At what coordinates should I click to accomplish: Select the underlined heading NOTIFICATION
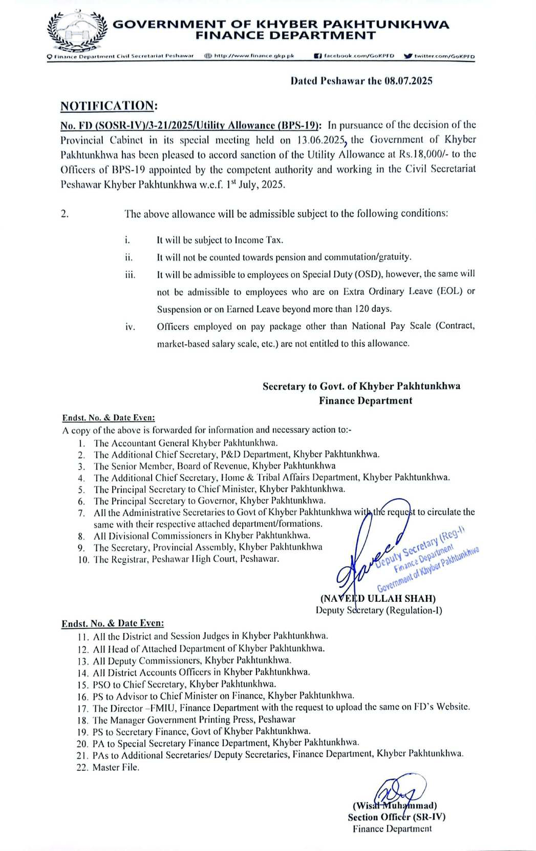[x=107, y=106]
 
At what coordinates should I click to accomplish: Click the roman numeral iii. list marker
[x=130, y=275]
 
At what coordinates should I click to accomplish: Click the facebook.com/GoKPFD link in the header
[x=358, y=56]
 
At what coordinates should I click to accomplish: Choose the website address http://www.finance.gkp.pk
[x=253, y=56]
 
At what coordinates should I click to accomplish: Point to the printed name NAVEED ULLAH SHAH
[x=378, y=598]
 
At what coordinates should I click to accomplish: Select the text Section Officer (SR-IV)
[x=396, y=817]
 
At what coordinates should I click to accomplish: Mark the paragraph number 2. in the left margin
[x=65, y=214]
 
